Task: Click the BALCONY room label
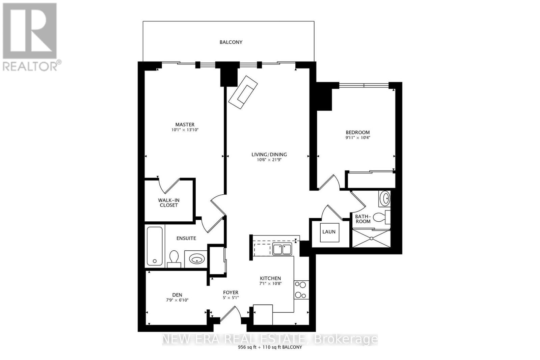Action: tap(231, 42)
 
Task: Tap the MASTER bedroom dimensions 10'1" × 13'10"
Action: tap(185, 130)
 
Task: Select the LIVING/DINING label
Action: tap(269, 155)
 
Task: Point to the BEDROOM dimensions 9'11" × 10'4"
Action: tap(357, 138)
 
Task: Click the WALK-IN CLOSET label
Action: tap(168, 203)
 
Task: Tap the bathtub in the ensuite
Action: tap(155, 246)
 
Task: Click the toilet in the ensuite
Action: tap(174, 259)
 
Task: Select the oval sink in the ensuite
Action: tap(197, 259)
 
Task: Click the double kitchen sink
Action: tap(282, 249)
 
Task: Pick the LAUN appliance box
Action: tap(329, 232)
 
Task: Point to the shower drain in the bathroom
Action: tap(372, 238)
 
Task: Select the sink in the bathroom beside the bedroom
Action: tap(384, 198)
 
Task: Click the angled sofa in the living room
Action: tap(243, 92)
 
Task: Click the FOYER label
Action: tap(231, 292)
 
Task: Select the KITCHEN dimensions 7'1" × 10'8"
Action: tap(270, 284)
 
